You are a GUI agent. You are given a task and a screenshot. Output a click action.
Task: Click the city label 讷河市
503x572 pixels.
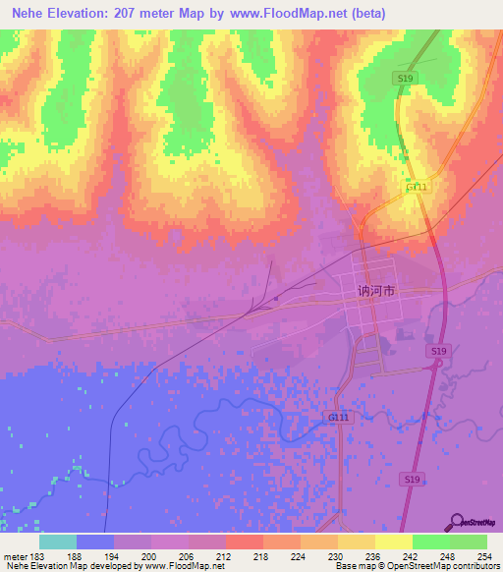tap(376, 292)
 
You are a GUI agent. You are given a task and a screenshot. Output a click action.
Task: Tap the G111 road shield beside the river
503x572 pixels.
tap(337, 417)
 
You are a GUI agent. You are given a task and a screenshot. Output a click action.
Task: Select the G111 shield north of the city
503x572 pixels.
tap(417, 187)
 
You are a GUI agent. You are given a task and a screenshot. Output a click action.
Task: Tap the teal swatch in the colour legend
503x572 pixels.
tap(57, 542)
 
